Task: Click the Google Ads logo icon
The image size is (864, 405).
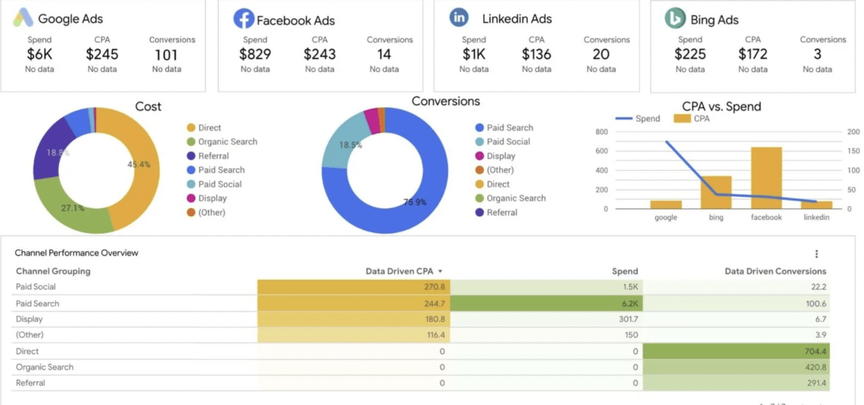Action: pos(22,19)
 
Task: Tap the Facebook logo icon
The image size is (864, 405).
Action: pos(243,19)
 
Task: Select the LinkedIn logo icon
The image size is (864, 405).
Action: pos(459,18)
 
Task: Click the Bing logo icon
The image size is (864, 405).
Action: pos(675,19)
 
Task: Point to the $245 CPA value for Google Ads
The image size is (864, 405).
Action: pos(102,54)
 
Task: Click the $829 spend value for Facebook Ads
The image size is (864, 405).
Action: pos(255,54)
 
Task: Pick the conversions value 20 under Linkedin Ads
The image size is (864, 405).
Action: pos(600,54)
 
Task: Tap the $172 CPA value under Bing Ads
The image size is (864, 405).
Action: pos(752,54)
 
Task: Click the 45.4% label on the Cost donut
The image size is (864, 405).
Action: pos(138,164)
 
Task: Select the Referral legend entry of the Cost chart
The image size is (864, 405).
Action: pos(213,156)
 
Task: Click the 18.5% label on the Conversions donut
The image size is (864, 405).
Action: pos(351,146)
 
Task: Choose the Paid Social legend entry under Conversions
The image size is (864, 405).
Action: pos(508,142)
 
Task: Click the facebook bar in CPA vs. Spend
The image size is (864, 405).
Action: pos(766,177)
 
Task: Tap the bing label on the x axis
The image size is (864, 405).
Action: pos(716,217)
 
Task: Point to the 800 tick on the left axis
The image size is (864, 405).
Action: pos(602,132)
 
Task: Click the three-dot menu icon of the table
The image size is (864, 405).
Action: pos(816,254)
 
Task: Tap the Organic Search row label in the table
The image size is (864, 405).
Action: pos(45,368)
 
